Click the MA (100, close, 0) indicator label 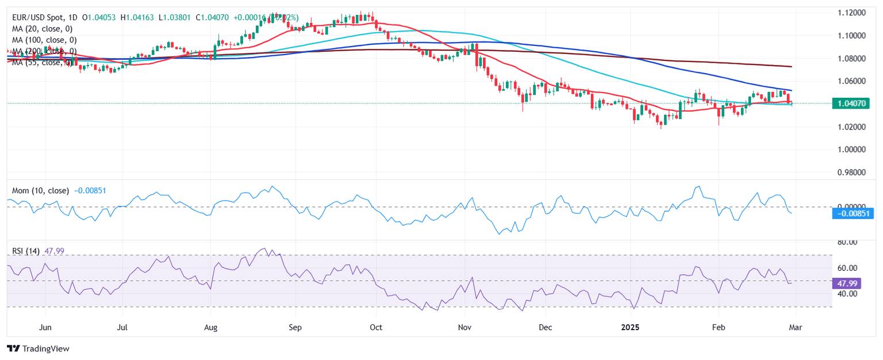(44, 40)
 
